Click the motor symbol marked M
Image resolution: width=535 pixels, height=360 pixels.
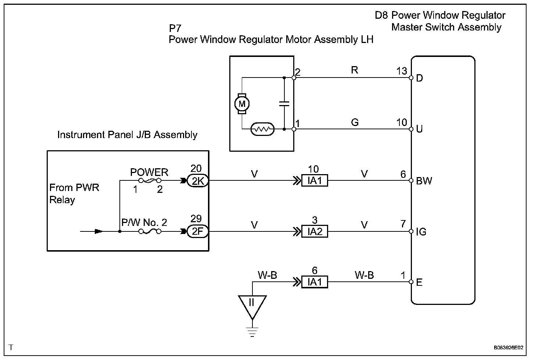click(242, 104)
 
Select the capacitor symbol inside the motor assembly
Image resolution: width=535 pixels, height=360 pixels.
click(284, 104)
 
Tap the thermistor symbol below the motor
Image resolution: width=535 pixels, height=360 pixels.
click(262, 129)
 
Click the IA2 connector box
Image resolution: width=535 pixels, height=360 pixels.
click(315, 231)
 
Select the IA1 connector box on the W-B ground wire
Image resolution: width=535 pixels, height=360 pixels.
click(315, 282)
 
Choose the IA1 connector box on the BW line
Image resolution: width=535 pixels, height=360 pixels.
click(315, 180)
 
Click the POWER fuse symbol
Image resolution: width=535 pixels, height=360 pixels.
click(150, 181)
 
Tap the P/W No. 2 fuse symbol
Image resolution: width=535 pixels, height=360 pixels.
click(150, 231)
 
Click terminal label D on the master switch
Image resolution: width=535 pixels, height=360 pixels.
click(419, 78)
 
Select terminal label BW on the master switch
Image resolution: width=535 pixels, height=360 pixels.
click(424, 181)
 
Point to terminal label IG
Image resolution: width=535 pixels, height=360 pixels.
click(421, 231)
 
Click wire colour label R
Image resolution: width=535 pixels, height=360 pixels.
click(355, 70)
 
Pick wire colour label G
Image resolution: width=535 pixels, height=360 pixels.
click(355, 122)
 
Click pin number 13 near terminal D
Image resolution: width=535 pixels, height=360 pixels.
click(402, 71)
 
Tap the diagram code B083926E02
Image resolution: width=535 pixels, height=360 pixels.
click(509, 348)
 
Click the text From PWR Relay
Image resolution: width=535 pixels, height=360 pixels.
click(74, 194)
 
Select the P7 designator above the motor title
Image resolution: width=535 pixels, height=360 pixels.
click(175, 28)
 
